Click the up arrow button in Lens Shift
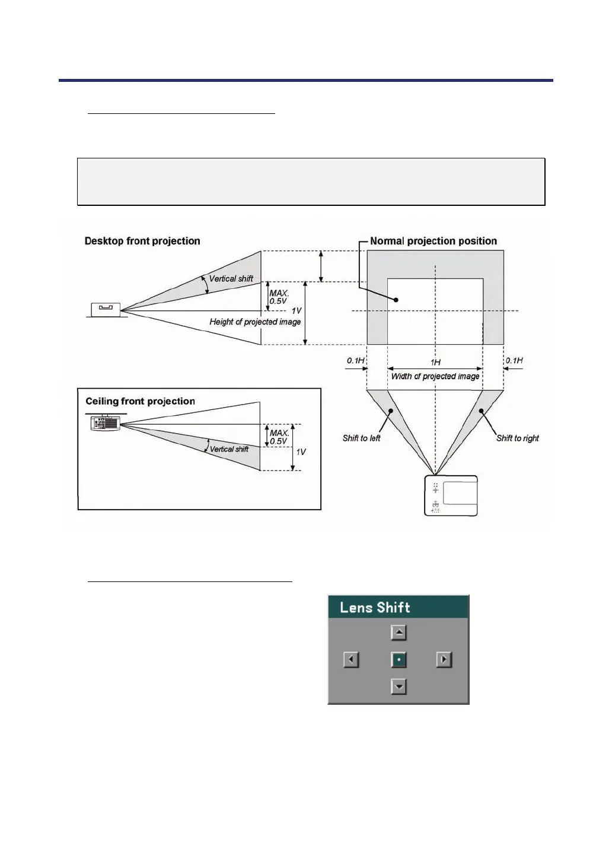point(399,632)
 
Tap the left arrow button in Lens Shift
point(351,659)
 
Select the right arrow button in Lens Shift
point(444,659)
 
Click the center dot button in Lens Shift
point(399,659)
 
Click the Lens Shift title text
point(375,608)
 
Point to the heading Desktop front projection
point(142,241)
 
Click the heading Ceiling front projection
point(140,401)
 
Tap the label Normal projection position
point(434,241)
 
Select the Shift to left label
point(361,438)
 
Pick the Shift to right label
point(518,438)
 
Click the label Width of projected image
point(435,376)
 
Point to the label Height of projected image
point(255,322)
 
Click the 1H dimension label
point(435,362)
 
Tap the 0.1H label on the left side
point(356,360)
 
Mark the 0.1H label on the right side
point(514,360)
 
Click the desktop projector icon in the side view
point(106,309)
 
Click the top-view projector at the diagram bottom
point(451,495)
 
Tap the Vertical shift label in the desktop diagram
point(231,278)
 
